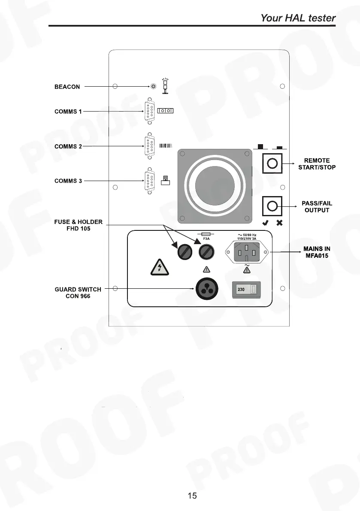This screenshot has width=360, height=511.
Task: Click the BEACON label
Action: click(x=67, y=87)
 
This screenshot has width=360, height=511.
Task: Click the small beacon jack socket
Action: click(x=154, y=86)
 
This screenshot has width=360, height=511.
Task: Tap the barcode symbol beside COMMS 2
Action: click(x=166, y=146)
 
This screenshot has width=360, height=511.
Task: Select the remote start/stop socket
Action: click(x=272, y=163)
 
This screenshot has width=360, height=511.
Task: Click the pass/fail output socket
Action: click(x=272, y=206)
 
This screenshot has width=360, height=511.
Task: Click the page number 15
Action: click(x=192, y=496)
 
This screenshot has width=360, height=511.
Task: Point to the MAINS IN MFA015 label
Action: click(x=317, y=252)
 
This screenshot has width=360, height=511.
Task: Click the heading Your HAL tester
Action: click(x=298, y=18)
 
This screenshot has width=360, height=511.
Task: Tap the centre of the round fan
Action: click(x=215, y=186)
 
